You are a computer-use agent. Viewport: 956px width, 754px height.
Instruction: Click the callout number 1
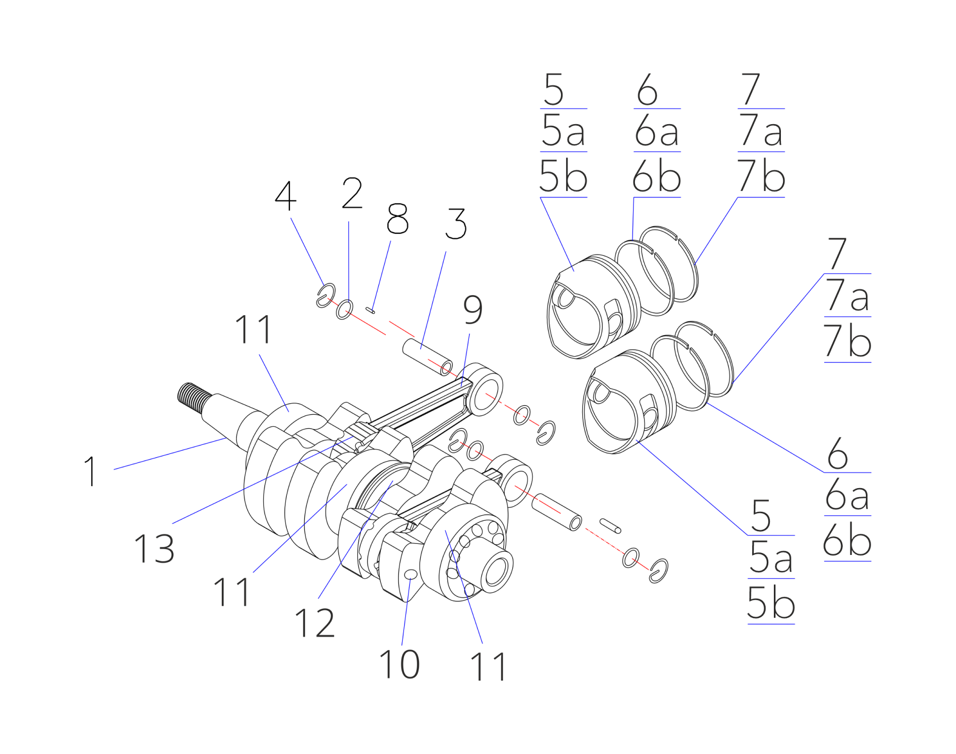coord(91,471)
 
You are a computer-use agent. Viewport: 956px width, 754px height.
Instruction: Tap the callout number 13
coord(154,548)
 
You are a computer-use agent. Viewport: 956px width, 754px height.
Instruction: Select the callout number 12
coord(314,623)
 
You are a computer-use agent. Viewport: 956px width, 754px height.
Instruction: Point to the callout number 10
coord(400,664)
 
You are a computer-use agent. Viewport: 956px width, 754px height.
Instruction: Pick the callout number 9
coord(473,310)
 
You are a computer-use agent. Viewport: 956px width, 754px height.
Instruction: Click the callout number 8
coord(397,219)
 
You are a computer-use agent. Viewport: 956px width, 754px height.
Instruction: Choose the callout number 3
coord(456,224)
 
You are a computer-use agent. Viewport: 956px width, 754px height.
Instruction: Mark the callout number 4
coord(286,196)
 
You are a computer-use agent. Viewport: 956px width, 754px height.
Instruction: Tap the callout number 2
coord(352,193)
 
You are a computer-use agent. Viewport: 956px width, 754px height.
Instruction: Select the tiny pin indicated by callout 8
coord(371,311)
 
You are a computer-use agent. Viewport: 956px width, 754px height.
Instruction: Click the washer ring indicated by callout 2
coord(345,309)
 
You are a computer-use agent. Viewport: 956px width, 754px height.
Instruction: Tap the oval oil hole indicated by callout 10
coord(411,575)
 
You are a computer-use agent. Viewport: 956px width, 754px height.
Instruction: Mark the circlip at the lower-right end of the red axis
coord(658,571)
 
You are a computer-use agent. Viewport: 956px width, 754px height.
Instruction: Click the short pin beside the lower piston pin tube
coord(610,526)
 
